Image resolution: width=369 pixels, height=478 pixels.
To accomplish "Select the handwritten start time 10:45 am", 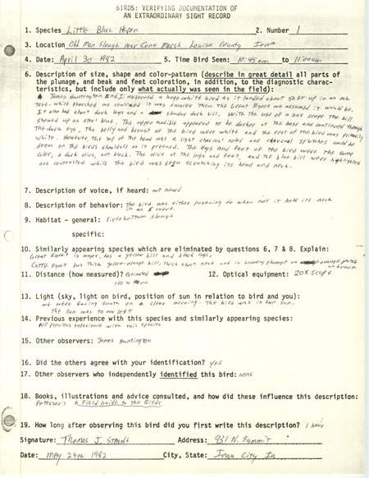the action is tap(248, 84).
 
